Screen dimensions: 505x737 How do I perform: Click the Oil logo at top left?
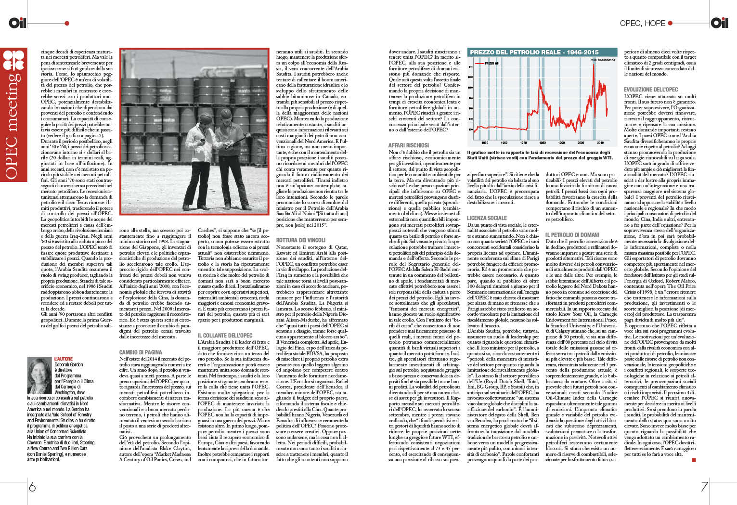tap(18, 22)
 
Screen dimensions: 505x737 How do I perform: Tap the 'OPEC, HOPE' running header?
tap(642, 23)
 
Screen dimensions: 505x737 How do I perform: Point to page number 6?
tap(32, 486)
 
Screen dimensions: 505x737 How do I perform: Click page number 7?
tap(704, 486)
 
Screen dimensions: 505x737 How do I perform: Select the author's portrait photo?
tap(39, 375)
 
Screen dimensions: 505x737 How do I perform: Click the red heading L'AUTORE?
tap(64, 359)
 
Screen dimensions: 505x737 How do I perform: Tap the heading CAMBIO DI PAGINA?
tap(141, 352)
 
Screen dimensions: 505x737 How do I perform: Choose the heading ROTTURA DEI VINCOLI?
tap(301, 240)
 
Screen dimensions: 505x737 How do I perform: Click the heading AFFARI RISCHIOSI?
tap(408, 145)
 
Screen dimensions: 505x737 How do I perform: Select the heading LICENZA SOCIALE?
tap(486, 218)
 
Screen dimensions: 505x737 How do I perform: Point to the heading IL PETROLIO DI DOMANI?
tap(572, 235)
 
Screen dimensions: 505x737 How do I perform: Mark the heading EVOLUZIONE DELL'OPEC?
tap(651, 90)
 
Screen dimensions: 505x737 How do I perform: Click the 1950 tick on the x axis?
tap(485, 143)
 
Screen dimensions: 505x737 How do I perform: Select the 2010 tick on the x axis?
tap(600, 143)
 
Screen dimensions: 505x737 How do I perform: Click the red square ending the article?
tap(694, 460)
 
